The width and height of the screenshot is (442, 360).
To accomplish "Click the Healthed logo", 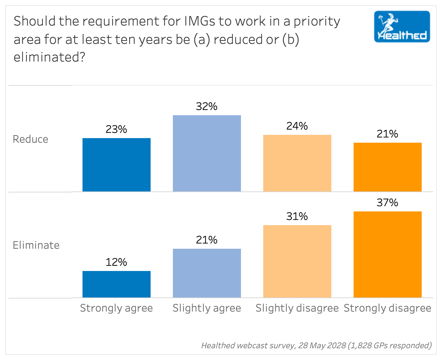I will click(402, 27).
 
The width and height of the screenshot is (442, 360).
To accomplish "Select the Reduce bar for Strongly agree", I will click(116, 165).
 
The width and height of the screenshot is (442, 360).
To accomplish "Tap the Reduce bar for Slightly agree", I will click(207, 153).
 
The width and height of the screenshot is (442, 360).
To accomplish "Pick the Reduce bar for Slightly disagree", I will click(297, 163).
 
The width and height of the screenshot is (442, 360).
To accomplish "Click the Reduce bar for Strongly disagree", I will click(387, 167).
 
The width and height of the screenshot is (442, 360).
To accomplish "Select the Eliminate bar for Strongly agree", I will click(116, 284).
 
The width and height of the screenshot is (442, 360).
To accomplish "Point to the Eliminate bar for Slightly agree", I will click(207, 273).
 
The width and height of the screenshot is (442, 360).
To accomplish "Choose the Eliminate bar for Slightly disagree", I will click(297, 261).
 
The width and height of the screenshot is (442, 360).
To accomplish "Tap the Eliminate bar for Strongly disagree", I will click(387, 254).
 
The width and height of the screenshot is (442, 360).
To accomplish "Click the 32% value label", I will click(207, 106).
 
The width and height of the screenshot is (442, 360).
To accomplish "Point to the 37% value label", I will click(387, 203).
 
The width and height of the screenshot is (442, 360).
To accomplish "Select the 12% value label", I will click(116, 262).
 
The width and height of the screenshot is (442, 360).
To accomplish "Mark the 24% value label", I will click(297, 126).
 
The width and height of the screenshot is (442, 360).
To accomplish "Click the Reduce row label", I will click(30, 139).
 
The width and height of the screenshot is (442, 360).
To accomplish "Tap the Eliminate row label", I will click(36, 245).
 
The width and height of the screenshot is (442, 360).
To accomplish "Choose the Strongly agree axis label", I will click(116, 308).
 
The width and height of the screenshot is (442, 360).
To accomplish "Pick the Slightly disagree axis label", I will click(297, 308).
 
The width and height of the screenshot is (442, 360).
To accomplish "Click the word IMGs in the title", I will click(200, 21).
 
